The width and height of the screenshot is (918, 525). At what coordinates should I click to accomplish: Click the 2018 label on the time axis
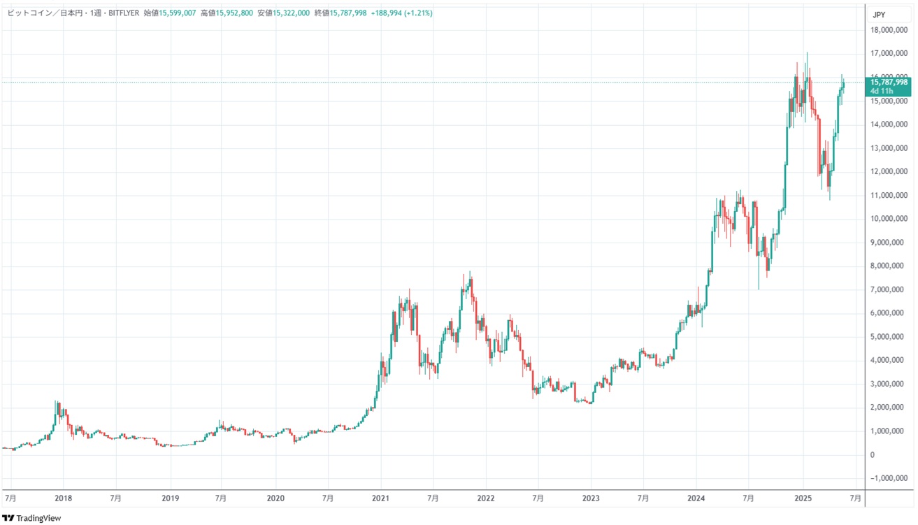point(63,498)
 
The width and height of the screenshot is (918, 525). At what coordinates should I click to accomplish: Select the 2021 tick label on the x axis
point(380,498)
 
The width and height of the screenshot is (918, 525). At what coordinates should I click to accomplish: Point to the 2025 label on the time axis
point(803,498)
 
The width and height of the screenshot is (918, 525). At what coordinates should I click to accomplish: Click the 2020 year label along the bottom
point(275,498)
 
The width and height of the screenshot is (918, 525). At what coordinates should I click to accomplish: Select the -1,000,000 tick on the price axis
point(890,478)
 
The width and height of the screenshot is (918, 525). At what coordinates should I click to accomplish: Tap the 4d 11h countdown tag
point(879,91)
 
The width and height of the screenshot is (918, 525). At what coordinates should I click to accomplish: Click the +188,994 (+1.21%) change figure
point(402,13)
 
